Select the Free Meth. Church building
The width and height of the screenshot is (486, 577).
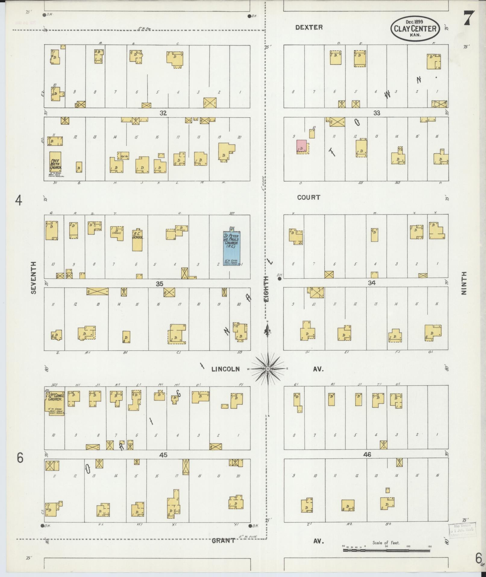55,162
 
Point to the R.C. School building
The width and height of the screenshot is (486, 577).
137,240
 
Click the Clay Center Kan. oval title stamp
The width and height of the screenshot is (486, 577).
415,29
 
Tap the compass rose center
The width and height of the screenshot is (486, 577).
268,369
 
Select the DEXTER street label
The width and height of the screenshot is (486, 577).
309,27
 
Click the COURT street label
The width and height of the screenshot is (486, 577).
309,197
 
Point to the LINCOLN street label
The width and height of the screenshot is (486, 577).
225,369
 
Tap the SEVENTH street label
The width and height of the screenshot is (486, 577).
33,278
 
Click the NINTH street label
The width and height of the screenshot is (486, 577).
464,283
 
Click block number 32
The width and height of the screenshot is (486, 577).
163,113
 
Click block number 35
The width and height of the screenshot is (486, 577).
159,284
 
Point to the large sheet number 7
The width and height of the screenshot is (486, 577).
469,18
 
